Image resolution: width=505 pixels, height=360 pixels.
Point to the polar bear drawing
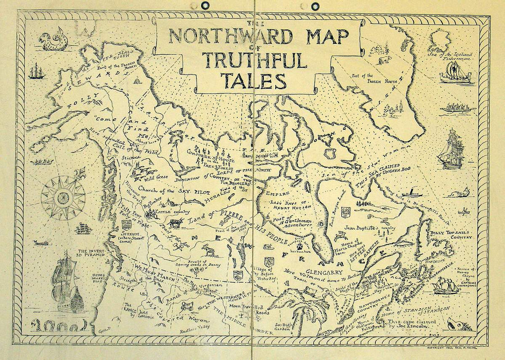(x=384, y=61)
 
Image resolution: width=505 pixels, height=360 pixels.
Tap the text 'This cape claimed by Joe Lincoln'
(x=399, y=324)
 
